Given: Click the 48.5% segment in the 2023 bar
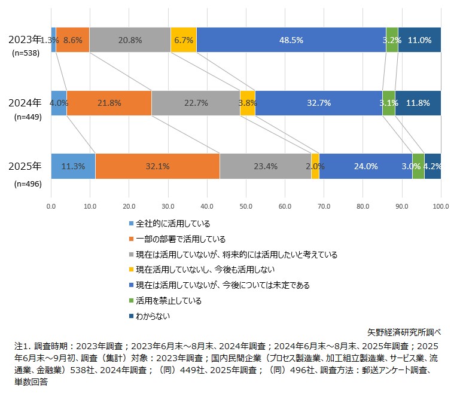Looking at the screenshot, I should coord(291,40).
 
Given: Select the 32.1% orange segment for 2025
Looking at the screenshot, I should coord(157,166).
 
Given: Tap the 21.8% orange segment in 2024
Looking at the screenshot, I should coord(109,103).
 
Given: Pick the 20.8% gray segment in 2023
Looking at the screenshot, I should coord(130,40).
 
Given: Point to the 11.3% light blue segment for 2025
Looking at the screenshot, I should coord(73,166).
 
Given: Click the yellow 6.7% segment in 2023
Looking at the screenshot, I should coord(184,40).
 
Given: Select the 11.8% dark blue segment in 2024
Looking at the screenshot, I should coord(418,103).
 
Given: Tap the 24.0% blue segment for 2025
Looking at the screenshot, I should coord(365,166).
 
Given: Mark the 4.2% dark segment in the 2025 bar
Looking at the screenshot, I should coord(432,166).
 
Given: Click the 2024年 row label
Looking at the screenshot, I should coord(25,102).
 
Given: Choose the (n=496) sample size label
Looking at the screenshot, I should coord(27,184).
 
